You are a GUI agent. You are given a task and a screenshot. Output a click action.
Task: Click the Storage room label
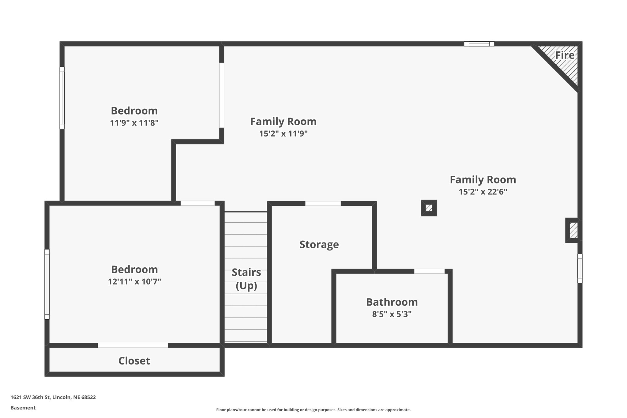[x=319, y=244]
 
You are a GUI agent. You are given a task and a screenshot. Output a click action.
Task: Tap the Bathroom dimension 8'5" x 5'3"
[x=392, y=314]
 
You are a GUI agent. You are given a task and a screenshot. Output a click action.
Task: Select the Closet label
[x=134, y=361]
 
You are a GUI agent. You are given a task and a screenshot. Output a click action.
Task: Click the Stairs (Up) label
[x=246, y=279]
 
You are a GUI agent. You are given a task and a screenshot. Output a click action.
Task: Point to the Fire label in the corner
[x=565, y=55]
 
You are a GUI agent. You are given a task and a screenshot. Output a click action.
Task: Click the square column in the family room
[x=429, y=208]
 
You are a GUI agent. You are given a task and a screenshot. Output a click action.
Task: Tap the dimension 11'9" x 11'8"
[x=134, y=123]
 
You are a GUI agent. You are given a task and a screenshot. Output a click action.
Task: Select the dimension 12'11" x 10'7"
[x=134, y=281]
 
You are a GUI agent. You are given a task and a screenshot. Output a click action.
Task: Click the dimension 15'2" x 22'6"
[x=483, y=192]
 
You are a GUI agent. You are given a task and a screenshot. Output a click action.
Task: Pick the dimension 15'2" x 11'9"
[x=283, y=134]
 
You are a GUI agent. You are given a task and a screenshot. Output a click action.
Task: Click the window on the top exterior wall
[x=479, y=44]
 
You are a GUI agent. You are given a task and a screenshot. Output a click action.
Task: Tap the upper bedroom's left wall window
[x=62, y=98]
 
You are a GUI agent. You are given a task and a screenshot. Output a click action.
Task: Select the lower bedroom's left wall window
[x=47, y=284]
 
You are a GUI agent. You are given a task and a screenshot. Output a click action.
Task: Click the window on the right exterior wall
[x=580, y=268]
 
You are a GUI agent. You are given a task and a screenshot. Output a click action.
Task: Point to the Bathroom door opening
[x=429, y=271]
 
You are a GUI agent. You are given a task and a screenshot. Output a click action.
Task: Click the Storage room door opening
[x=323, y=203]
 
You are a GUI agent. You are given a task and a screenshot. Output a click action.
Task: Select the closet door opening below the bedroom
[x=133, y=345]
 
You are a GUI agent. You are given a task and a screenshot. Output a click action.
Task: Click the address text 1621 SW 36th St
[x=53, y=397]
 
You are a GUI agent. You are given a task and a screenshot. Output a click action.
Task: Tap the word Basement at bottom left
[x=23, y=408]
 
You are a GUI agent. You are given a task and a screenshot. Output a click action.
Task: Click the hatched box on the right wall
[x=573, y=230]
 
